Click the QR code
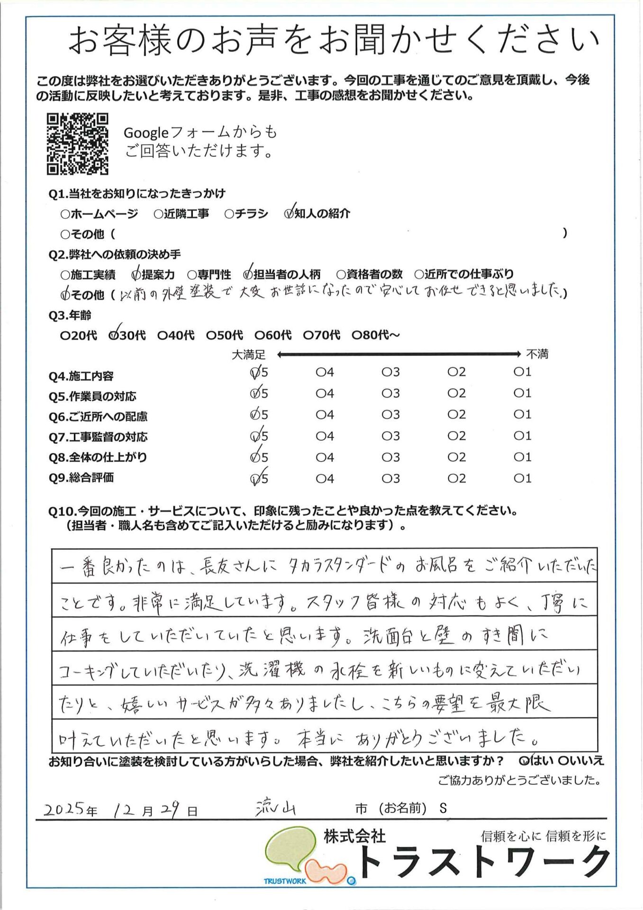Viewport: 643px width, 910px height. [x=77, y=144]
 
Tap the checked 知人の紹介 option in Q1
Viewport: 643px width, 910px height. [x=289, y=214]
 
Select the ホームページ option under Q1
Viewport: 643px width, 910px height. [x=65, y=214]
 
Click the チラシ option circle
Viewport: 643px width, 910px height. [x=229, y=214]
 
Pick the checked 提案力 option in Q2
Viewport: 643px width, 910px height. [x=136, y=274]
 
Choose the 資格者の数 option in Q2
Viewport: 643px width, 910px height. [x=341, y=274]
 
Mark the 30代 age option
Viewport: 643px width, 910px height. [x=114, y=335]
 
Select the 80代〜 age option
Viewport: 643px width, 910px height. [x=357, y=335]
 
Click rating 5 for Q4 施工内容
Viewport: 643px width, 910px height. [x=255, y=373]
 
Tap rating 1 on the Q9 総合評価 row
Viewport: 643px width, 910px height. [x=518, y=479]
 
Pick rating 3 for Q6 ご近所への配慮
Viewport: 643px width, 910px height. [x=386, y=415]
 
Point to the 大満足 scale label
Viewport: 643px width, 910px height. [x=248, y=355]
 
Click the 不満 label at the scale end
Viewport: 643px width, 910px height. [x=537, y=354]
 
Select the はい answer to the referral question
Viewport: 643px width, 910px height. [x=524, y=761]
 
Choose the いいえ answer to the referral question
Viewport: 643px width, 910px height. [x=563, y=761]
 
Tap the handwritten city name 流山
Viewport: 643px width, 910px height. [x=275, y=808]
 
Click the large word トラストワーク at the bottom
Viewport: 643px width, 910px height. [x=483, y=863]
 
